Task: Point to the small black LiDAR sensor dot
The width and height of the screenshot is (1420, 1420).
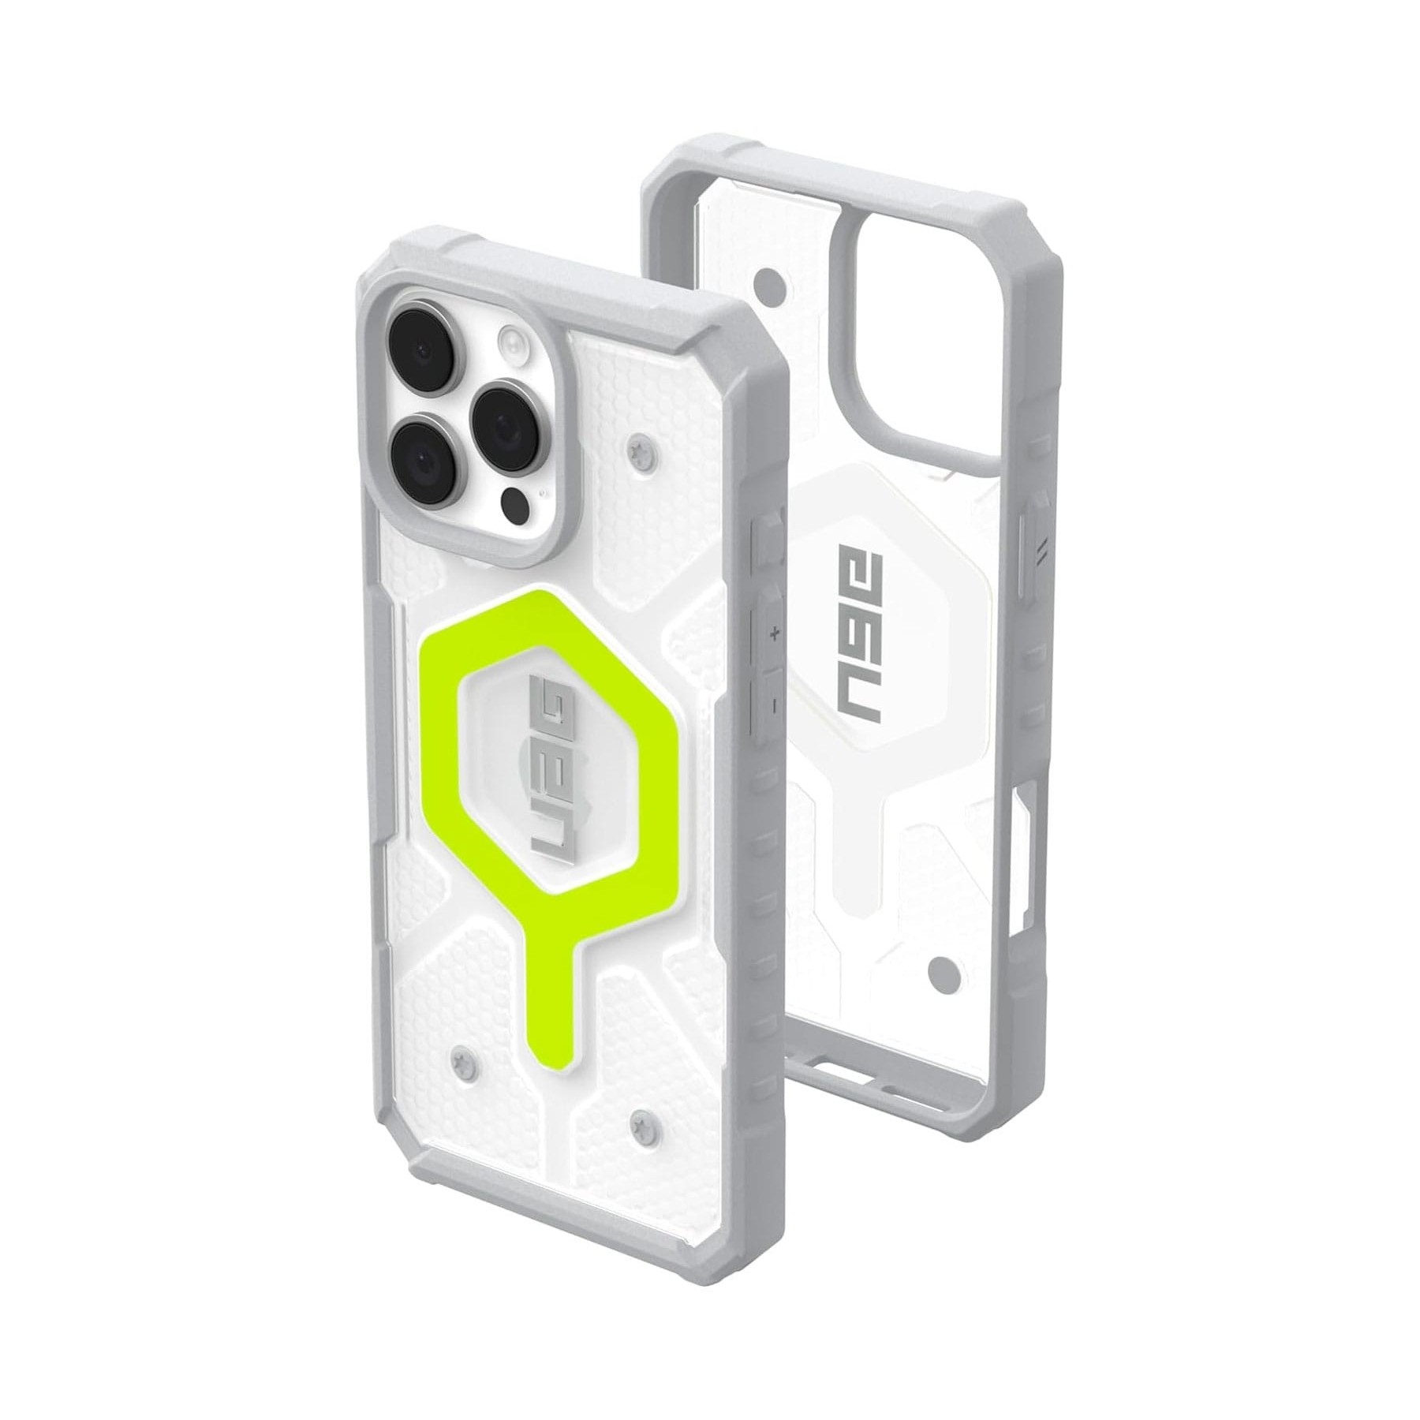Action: tap(514, 502)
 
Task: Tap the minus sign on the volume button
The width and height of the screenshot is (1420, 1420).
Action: tap(775, 703)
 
